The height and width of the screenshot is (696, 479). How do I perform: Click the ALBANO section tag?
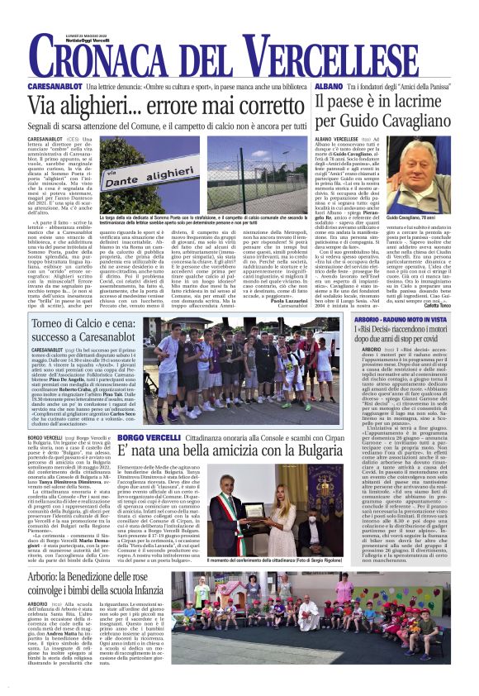click(328, 86)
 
